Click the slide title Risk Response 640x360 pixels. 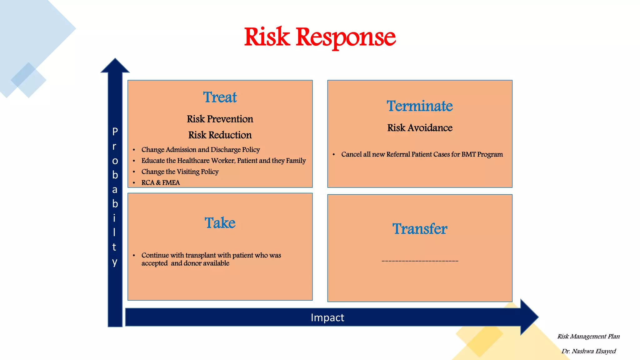(320, 37)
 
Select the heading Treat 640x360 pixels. (220, 97)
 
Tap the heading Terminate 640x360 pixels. (420, 106)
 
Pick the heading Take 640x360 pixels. (220, 223)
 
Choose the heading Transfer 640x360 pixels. (420, 229)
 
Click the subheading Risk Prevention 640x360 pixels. (220, 119)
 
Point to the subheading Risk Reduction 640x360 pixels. (220, 135)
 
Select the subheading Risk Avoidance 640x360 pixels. (420, 128)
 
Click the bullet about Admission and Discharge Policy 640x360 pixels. (201, 150)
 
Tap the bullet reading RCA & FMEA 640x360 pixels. (161, 182)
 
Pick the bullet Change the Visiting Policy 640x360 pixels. (180, 172)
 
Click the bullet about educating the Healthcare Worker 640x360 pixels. (223, 161)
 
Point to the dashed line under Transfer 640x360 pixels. (420, 261)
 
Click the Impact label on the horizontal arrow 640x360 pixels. (327, 317)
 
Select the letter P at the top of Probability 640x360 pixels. (115, 132)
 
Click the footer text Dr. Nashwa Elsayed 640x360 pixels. (588, 351)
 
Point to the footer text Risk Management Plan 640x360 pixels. (588, 337)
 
